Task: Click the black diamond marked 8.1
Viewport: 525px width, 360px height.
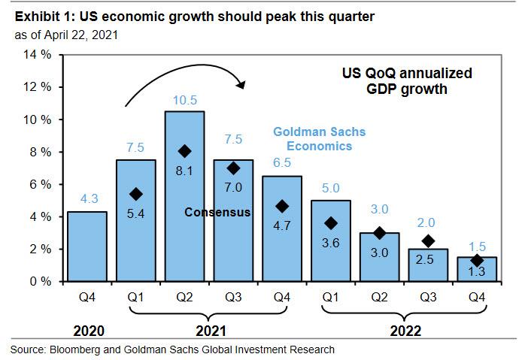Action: [x=184, y=151]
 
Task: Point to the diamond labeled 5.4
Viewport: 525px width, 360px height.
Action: [x=135, y=194]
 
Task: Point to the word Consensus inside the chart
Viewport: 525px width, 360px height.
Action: [x=217, y=213]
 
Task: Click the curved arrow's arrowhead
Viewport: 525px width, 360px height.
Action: [x=241, y=82]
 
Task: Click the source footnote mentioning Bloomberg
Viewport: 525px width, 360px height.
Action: [x=172, y=349]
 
